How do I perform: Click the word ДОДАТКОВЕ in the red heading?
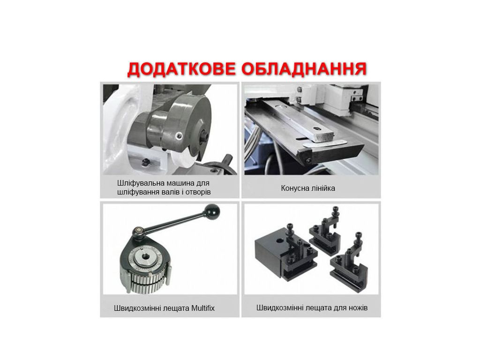[x=181, y=69]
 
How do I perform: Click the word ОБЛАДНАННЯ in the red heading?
[x=304, y=69]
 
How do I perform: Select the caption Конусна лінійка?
[x=308, y=188]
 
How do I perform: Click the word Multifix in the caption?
[x=203, y=308]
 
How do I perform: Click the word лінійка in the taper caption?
[x=323, y=188]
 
